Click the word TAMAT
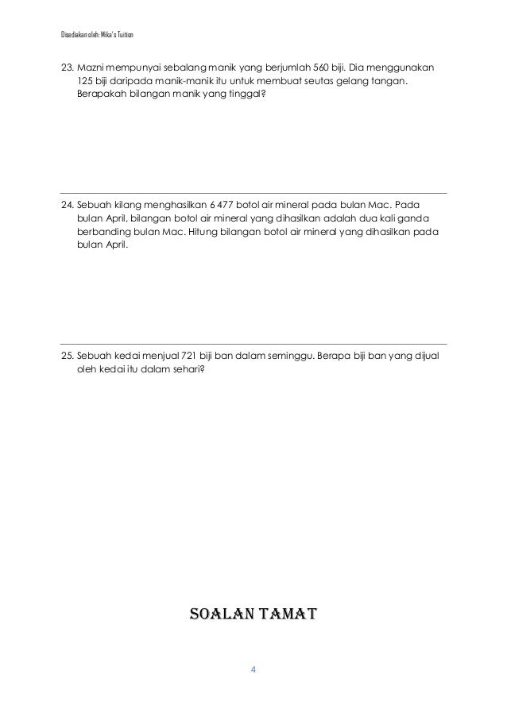coord(284,614)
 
